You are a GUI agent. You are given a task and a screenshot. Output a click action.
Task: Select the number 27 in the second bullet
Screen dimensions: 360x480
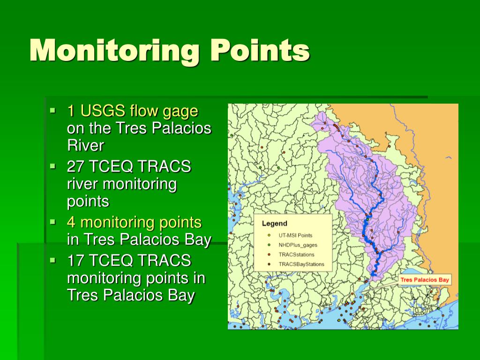point(75,166)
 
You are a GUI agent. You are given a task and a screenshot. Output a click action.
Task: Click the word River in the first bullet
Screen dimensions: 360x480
point(85,145)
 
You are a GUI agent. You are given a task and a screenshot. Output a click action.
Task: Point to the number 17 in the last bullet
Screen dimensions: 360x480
point(75,260)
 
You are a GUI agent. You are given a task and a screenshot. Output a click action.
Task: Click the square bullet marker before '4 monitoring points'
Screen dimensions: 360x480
point(53,221)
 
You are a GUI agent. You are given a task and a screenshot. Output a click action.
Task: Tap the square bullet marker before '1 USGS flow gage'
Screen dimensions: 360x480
point(53,111)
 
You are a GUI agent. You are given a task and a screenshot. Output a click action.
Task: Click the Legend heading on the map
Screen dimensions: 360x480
point(274,224)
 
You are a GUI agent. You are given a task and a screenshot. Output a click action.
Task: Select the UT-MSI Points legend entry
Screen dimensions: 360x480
point(295,235)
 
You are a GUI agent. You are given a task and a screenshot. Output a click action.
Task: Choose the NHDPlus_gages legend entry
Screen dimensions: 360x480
point(298,245)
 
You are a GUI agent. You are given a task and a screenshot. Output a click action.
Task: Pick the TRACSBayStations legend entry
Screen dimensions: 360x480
point(301,264)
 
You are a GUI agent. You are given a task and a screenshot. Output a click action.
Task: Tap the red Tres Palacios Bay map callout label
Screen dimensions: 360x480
point(425,280)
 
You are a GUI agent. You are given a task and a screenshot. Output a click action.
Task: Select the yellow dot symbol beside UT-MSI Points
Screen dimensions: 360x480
point(269,235)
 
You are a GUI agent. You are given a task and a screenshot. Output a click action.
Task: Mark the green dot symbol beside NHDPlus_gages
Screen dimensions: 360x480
point(269,245)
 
